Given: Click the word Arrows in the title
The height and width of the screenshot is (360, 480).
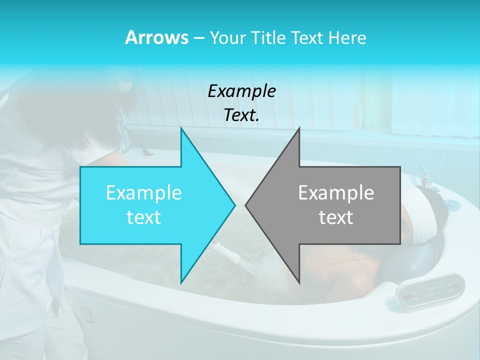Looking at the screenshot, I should (156, 37).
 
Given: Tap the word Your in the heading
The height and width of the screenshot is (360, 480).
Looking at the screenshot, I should (228, 37).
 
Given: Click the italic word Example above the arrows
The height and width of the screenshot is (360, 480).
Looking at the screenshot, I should (241, 91).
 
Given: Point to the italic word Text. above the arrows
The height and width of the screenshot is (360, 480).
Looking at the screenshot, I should (241, 115).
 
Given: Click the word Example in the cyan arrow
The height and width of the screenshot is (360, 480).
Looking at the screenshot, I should (143, 193).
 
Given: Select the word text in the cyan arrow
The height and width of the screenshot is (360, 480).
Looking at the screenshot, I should (143, 217).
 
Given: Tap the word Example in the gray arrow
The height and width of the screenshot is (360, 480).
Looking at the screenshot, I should (336, 193).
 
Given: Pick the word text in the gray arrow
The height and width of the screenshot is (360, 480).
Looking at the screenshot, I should (336, 217).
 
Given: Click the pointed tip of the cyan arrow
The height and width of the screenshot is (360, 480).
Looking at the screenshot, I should (234, 205).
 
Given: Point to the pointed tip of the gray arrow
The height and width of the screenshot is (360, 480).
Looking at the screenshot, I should (246, 205).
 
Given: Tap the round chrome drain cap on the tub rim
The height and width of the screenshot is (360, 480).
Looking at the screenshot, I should (451, 205).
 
